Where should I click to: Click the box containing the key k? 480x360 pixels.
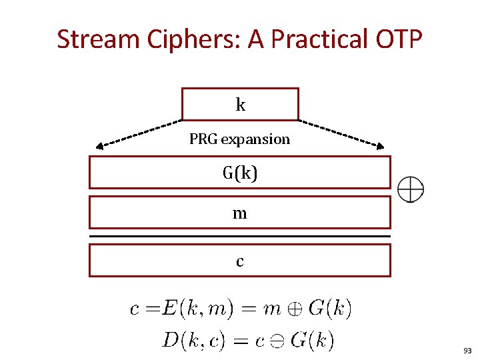pos(240,104)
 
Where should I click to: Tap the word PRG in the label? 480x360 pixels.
pos(203,139)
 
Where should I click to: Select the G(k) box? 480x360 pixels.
pos(240,173)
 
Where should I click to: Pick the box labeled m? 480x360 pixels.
pos(240,213)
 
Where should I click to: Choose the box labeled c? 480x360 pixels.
pos(240,260)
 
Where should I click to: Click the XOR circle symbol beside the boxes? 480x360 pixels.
pos(411,190)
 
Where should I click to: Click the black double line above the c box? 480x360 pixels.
pos(240,237)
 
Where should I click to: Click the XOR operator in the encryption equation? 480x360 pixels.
pos(293,309)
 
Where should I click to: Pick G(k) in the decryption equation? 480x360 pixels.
pos(311,341)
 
